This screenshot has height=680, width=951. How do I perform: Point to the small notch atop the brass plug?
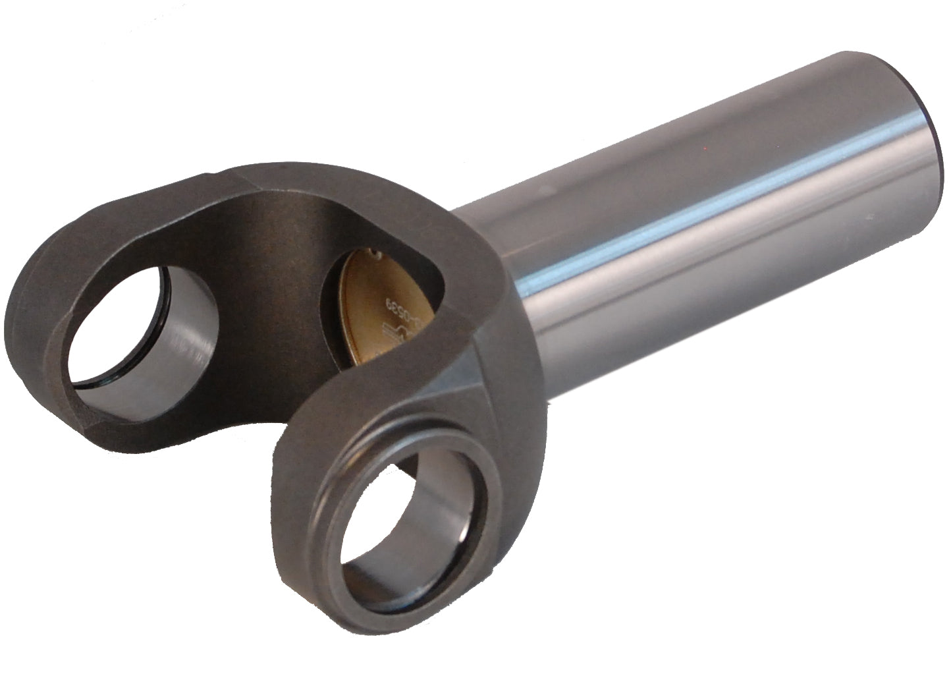tap(374, 251)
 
